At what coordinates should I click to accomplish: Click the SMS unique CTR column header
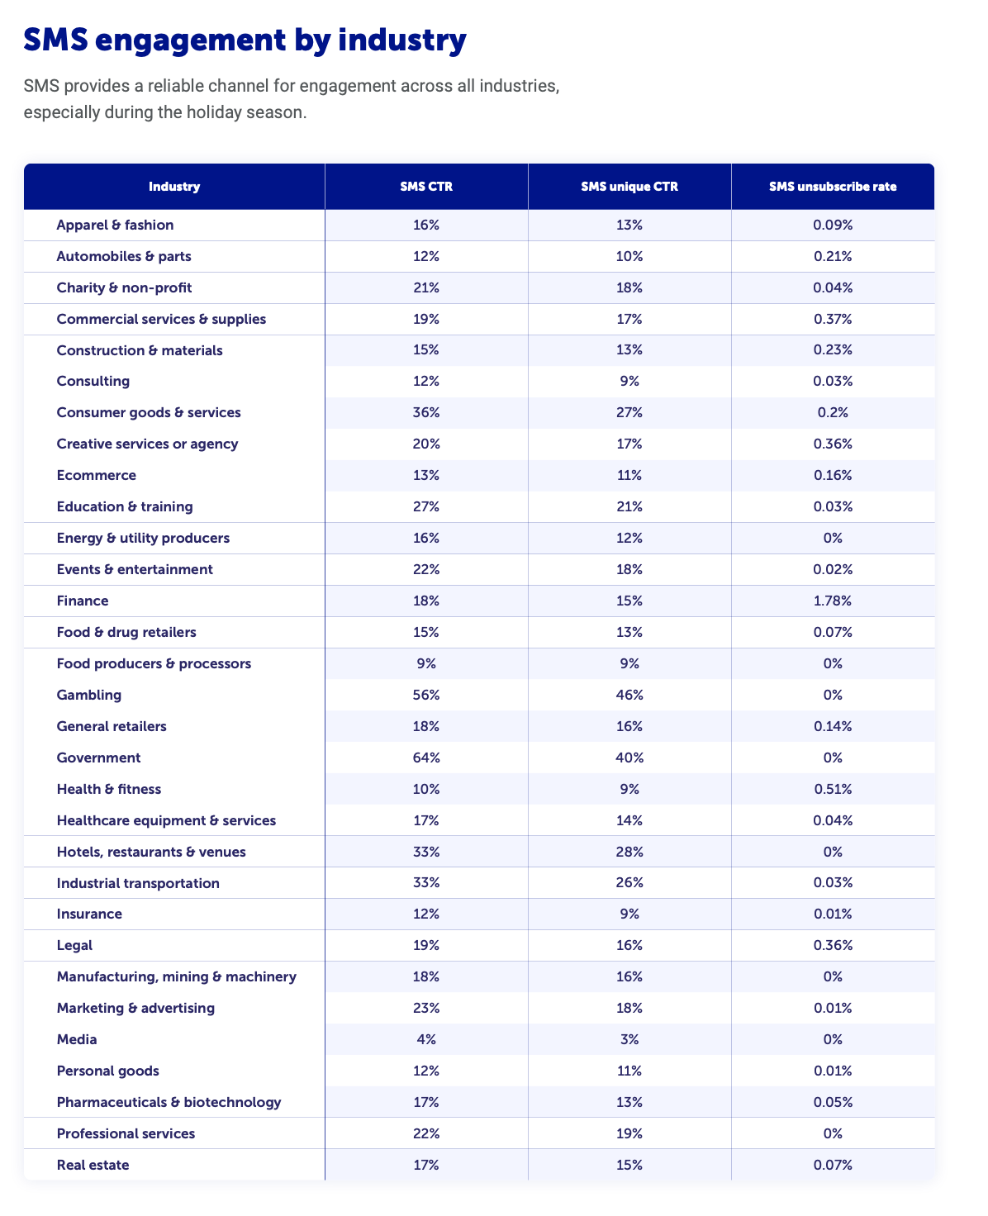[629, 187]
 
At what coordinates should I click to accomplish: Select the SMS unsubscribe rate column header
[832, 187]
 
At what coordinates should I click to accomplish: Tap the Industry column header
[174, 187]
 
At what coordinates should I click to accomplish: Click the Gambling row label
[89, 695]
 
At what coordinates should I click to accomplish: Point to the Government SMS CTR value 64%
[426, 758]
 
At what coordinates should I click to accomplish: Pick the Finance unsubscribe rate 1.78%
[832, 601]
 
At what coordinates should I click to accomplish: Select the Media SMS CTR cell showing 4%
[426, 1039]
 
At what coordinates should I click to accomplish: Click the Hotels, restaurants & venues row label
[151, 852]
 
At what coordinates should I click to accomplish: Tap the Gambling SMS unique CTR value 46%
[629, 695]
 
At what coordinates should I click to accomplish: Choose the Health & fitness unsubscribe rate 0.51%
[833, 789]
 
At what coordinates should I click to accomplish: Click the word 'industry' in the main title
[401, 40]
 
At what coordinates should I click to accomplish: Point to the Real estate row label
[93, 1165]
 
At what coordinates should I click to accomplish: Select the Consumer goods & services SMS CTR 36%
[426, 412]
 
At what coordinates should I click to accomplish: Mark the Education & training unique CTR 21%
[629, 506]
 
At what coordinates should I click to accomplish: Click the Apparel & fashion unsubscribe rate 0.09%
[833, 225]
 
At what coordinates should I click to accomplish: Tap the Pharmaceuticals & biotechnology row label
[169, 1102]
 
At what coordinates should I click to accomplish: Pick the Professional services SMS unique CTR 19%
[629, 1133]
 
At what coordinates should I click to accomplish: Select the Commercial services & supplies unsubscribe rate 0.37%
[833, 319]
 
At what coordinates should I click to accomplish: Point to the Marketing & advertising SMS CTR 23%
[426, 1008]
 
